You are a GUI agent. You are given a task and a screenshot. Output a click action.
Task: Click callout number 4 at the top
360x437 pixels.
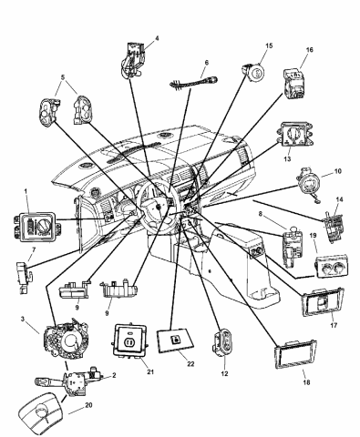(157, 38)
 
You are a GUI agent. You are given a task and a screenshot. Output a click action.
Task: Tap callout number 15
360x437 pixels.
(269, 46)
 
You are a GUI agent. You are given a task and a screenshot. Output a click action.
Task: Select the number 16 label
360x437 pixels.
(309, 49)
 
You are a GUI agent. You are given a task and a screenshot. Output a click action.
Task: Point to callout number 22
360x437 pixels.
(190, 364)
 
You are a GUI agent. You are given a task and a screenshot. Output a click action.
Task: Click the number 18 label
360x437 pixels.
(306, 382)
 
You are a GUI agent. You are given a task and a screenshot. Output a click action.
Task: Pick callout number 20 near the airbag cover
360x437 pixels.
(88, 405)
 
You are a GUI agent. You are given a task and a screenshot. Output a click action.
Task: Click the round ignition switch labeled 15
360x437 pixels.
(253, 73)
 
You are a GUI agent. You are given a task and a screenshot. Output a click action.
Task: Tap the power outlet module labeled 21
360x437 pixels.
(129, 340)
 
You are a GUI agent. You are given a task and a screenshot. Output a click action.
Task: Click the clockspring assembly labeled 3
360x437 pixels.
(66, 338)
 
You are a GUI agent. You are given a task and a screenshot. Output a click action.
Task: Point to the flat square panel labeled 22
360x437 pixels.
(176, 341)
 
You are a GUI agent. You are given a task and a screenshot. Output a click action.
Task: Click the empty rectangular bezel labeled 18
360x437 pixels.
(295, 354)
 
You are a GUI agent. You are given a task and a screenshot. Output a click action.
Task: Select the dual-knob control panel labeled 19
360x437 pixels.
(333, 267)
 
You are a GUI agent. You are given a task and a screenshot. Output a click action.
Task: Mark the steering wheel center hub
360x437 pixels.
(159, 207)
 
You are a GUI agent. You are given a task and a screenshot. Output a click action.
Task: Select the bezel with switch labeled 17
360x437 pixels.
(323, 302)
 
